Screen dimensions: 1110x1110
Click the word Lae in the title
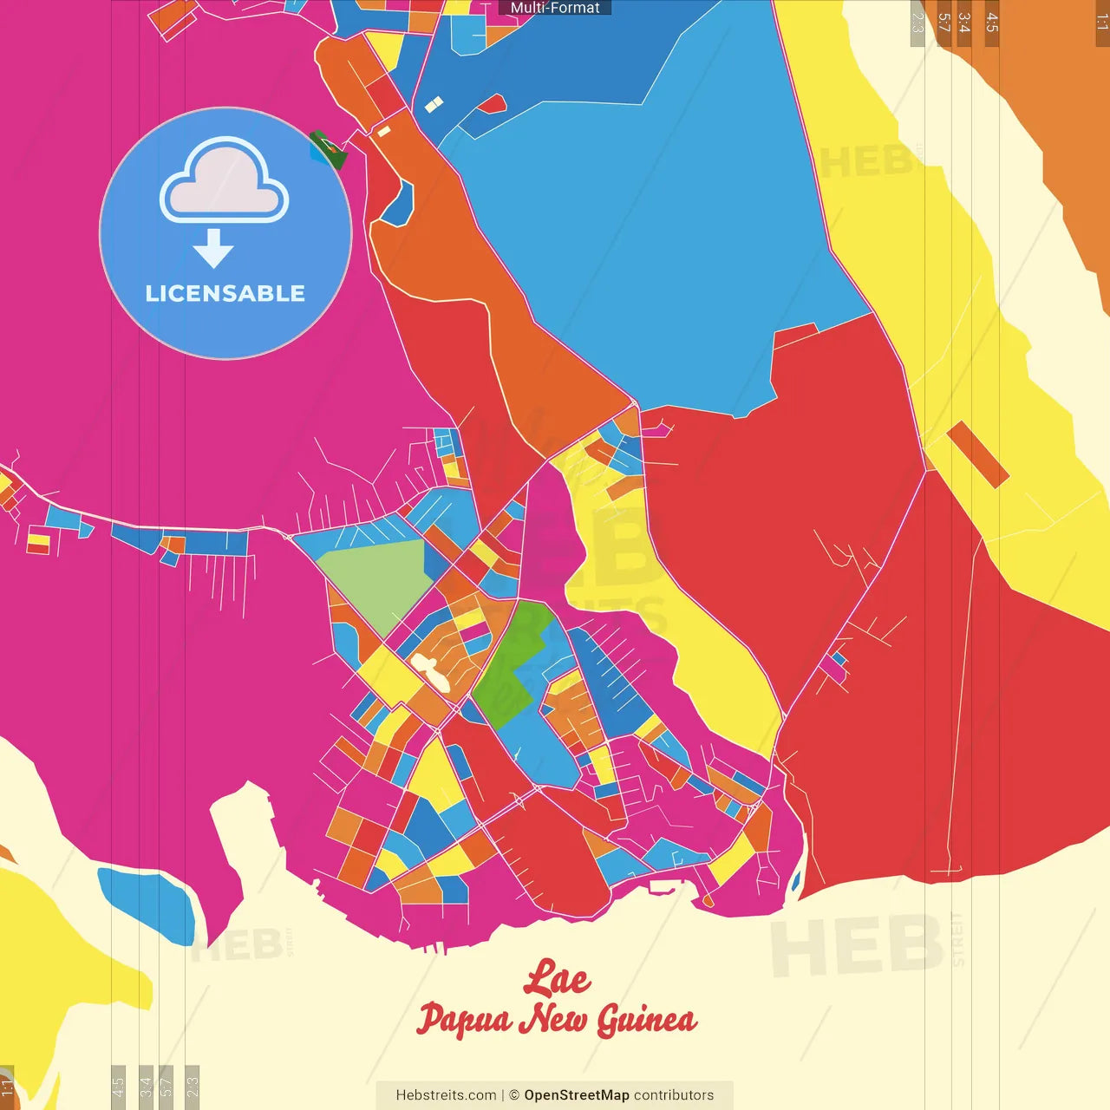(x=557, y=978)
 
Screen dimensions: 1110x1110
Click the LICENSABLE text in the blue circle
(x=225, y=293)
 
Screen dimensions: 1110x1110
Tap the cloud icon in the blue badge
(x=224, y=180)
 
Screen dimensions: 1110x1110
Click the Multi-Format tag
(x=555, y=8)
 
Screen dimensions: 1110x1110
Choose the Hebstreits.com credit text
(x=446, y=1095)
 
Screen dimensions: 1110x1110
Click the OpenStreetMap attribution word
(x=577, y=1095)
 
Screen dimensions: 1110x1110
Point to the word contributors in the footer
(x=674, y=1095)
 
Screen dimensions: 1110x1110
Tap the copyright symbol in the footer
(x=514, y=1095)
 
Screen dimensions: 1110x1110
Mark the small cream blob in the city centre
(x=430, y=673)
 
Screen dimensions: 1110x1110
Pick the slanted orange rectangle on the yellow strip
(x=977, y=454)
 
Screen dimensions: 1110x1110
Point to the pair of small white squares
(x=434, y=105)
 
